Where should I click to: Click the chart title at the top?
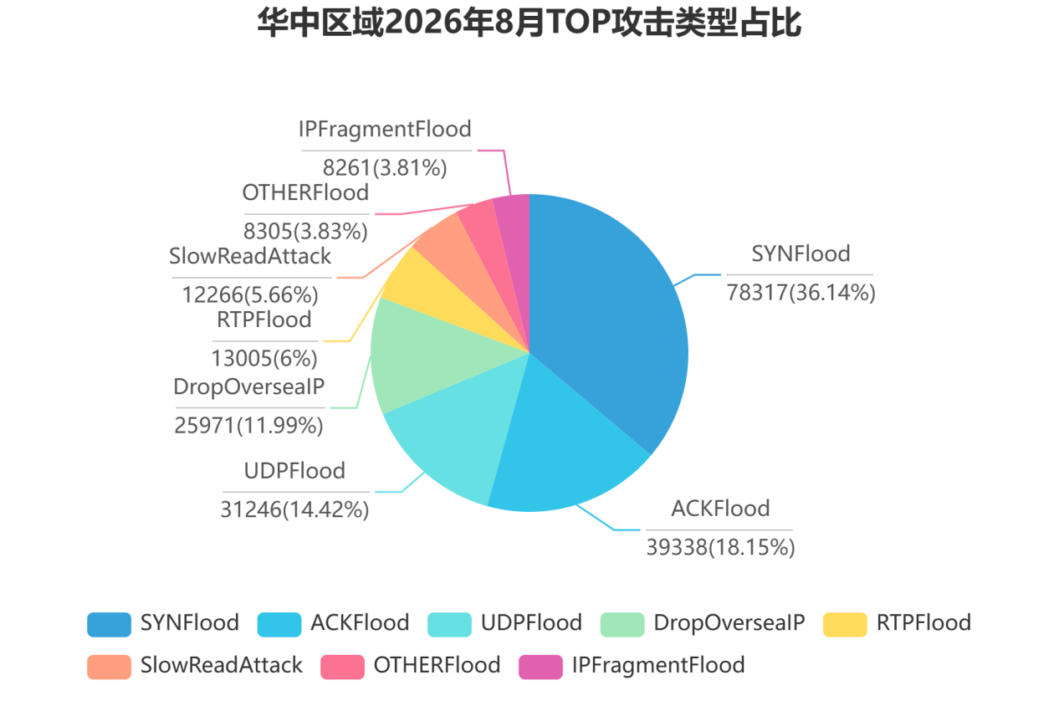529,23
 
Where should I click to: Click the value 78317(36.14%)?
801,293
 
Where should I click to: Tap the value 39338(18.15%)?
720,548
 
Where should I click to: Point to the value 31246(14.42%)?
294,509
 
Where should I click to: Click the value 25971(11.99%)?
248,426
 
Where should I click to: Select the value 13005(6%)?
263,359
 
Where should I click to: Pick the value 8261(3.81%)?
384,168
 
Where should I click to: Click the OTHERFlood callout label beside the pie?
305,193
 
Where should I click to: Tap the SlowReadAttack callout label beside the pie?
250,256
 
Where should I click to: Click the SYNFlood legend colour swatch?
109,624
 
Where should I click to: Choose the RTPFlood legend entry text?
923,623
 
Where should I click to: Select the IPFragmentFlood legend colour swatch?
540,667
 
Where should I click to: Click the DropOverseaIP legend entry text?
729,623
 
